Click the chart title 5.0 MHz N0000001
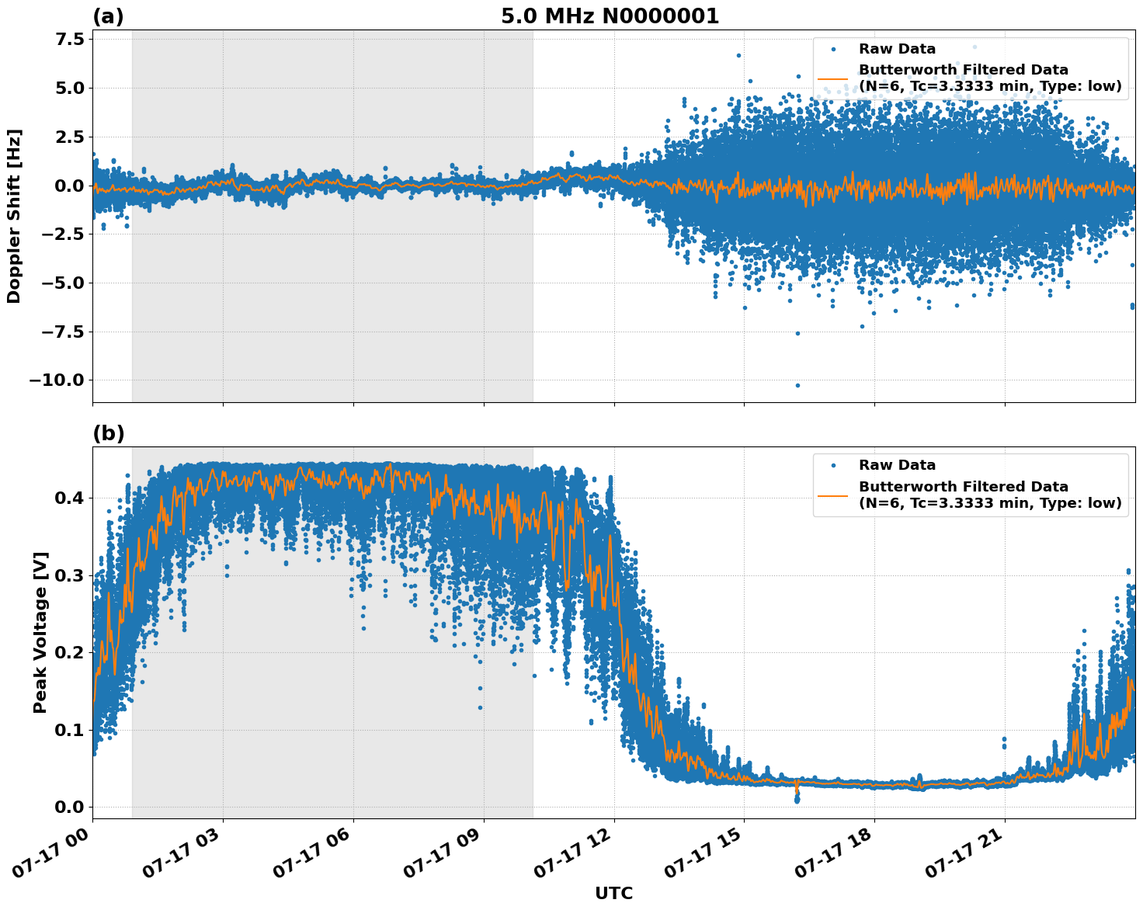[x=610, y=16]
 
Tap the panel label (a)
[x=108, y=16]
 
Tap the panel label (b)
[x=108, y=433]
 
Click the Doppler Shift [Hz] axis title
[x=14, y=216]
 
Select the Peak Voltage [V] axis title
[x=40, y=632]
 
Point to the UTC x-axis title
[x=613, y=893]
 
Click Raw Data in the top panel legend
[x=897, y=49]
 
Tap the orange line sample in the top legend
[x=832, y=78]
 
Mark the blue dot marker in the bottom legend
[x=832, y=465]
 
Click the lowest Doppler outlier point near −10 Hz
[x=797, y=385]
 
